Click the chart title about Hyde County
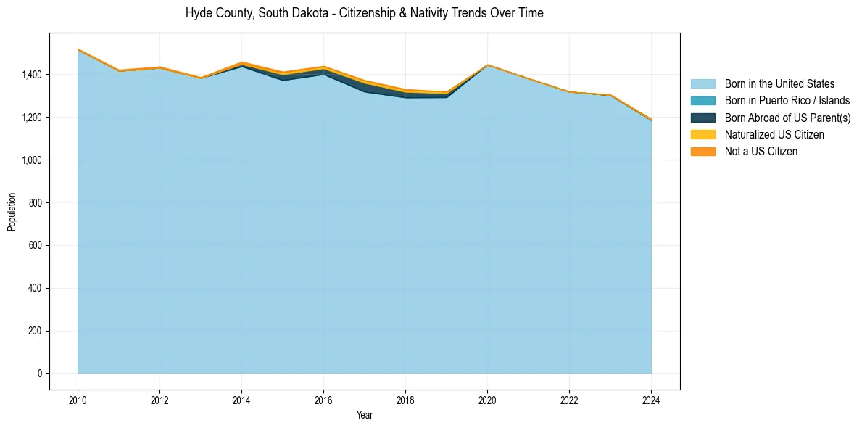pyautogui.click(x=364, y=13)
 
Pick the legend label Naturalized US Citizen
pyautogui.click(x=774, y=135)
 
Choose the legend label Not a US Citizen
pyautogui.click(x=761, y=152)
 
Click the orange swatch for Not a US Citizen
pyautogui.click(x=703, y=152)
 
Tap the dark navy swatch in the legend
pyautogui.click(x=703, y=118)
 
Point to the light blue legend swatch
pyautogui.click(x=703, y=84)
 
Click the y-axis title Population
pyautogui.click(x=12, y=212)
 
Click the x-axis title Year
pyautogui.click(x=365, y=415)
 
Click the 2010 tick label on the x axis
pyautogui.click(x=78, y=399)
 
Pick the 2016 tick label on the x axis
pyautogui.click(x=323, y=399)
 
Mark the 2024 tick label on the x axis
pyautogui.click(x=651, y=399)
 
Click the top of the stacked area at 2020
pyautogui.click(x=487, y=65)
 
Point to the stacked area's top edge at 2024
pyautogui.click(x=651, y=120)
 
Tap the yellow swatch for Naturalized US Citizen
pyautogui.click(x=703, y=135)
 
